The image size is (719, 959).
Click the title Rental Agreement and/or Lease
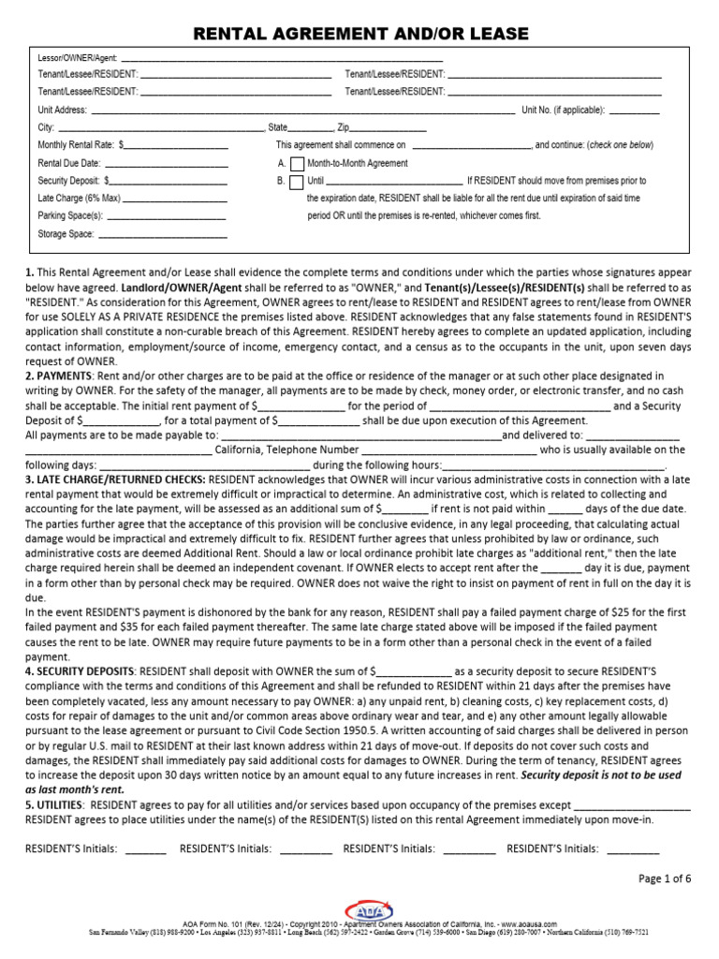360,35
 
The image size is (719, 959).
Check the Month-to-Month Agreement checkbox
298,164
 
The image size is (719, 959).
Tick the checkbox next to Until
298,182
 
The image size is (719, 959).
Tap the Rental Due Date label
68,163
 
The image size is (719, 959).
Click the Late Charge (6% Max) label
79,199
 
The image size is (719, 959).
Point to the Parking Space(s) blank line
165,216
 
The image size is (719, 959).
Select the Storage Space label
66,234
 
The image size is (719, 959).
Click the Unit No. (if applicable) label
563,110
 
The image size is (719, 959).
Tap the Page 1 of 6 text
665,878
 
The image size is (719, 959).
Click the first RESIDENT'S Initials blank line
145,849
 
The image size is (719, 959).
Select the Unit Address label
63,111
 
